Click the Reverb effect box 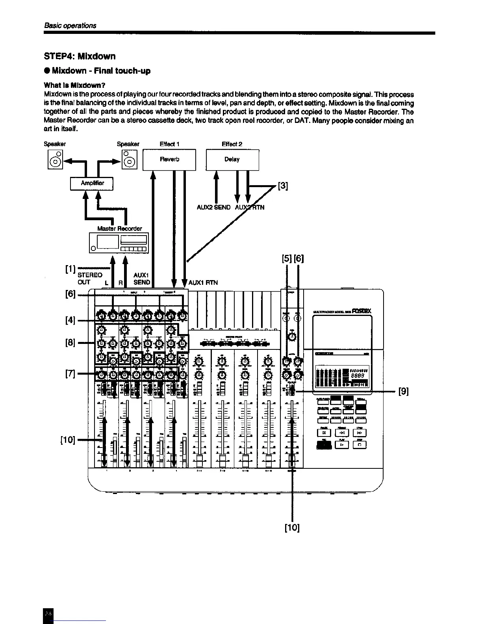169,160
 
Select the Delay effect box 232,160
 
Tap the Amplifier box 92,183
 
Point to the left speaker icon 55,160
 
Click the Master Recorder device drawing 119,242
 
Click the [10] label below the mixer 292,527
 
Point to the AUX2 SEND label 213,207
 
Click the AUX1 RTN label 203,282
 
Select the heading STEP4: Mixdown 80,56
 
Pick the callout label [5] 287,259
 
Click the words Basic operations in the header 70,26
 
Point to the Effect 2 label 232,144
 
